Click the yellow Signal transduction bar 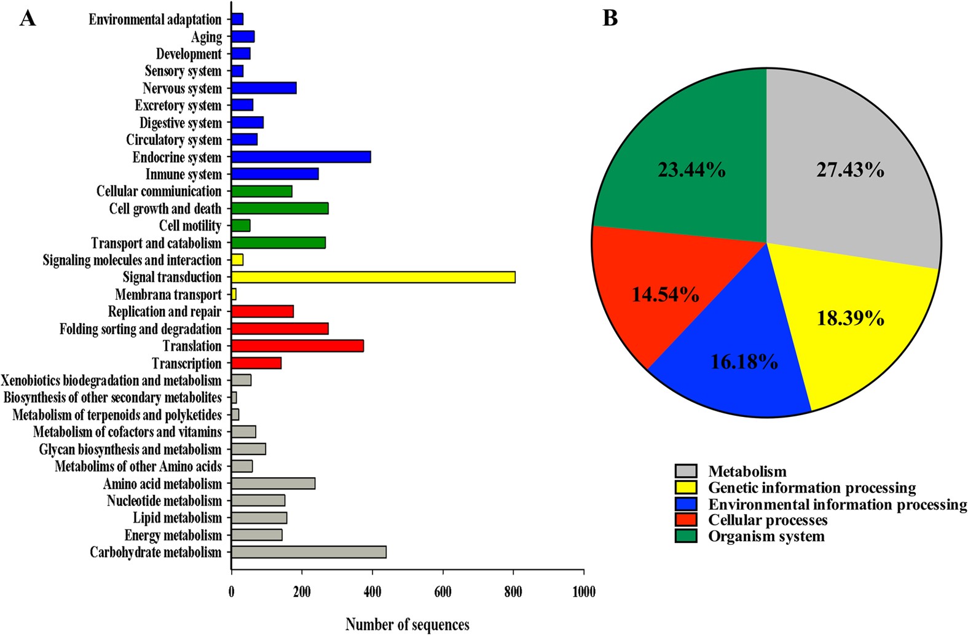pyautogui.click(x=373, y=278)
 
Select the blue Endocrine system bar pyautogui.click(x=301, y=157)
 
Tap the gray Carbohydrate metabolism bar pyautogui.click(x=309, y=552)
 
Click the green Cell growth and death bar pyautogui.click(x=280, y=209)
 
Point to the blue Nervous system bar pyautogui.click(x=264, y=88)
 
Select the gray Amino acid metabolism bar pyautogui.click(x=273, y=484)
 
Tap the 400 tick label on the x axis pyautogui.click(x=372, y=592)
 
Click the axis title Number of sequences pyautogui.click(x=407, y=625)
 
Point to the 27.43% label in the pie pyautogui.click(x=850, y=170)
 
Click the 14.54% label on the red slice pyautogui.click(x=665, y=295)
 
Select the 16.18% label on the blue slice pyautogui.click(x=744, y=362)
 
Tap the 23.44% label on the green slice pyautogui.click(x=691, y=170)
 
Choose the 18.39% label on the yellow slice pyautogui.click(x=850, y=318)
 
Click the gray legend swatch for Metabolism pyautogui.click(x=686, y=471)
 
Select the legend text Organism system pyautogui.click(x=766, y=536)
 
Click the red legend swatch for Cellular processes pyautogui.click(x=686, y=520)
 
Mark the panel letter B pyautogui.click(x=610, y=18)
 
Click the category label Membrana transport pyautogui.click(x=168, y=295)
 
